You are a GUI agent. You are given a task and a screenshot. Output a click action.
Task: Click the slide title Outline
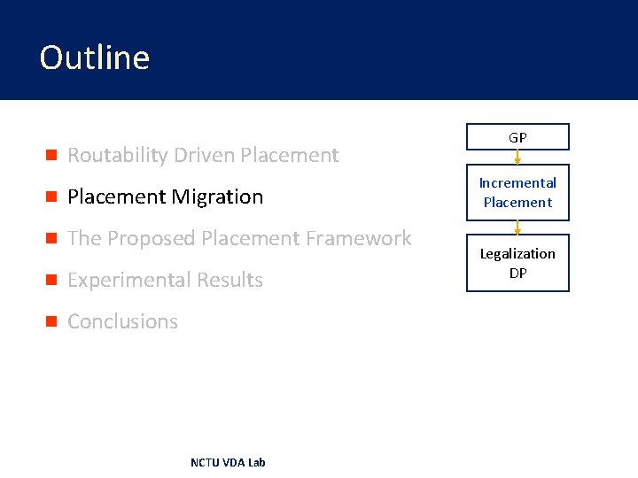coord(95,58)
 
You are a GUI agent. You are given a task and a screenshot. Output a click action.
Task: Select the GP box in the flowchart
coord(517,137)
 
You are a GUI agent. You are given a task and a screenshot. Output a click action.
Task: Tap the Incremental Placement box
coord(517,192)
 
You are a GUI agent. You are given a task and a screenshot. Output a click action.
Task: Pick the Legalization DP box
coord(517,263)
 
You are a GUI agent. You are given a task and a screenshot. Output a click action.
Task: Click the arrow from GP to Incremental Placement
coord(517,157)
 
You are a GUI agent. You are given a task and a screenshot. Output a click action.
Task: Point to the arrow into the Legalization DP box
coord(517,227)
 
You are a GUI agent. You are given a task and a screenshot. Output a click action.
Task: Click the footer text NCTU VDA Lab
coord(228,462)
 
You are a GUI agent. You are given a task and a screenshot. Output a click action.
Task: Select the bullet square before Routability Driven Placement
coord(51,156)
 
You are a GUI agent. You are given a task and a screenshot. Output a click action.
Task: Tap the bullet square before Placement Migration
coord(51,197)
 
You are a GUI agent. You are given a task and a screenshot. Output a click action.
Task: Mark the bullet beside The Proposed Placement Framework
coord(51,239)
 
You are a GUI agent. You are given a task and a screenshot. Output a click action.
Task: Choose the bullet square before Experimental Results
coord(51,281)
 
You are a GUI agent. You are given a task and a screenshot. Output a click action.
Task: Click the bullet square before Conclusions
coord(51,322)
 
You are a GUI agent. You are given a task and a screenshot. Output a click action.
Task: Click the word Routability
coord(118,156)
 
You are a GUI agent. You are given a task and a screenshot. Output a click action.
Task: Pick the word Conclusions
coord(122,322)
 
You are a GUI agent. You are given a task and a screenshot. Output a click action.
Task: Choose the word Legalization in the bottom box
coord(517,254)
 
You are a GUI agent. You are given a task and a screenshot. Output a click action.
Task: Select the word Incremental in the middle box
coord(517,183)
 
